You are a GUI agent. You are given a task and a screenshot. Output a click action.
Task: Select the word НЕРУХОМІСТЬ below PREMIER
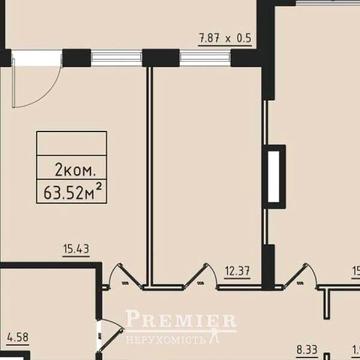(x=182, y=337)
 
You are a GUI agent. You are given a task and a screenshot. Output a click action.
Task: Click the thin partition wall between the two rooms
(x=151, y=170)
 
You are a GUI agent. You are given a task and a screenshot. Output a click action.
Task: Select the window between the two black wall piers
(x=111, y=56)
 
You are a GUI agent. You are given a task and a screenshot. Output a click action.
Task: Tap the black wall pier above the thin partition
(x=155, y=56)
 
